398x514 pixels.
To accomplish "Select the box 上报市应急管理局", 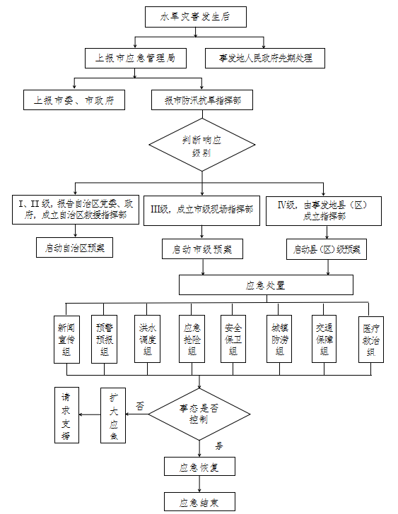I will (131, 57).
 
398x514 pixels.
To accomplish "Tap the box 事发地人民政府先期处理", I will (265, 57).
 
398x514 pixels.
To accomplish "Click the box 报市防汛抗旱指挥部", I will (202, 100).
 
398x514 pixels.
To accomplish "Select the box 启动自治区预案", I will (74, 248).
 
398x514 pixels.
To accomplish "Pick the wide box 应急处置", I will (266, 285).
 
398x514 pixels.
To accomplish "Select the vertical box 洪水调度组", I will (146, 339).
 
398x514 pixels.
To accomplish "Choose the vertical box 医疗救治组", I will (371, 339).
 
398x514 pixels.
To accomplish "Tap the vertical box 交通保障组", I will (324, 339).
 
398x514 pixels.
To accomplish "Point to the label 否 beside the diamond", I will (140, 406).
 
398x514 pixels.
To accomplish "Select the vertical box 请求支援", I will (66, 416).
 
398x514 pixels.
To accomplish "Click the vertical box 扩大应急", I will (114, 416).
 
